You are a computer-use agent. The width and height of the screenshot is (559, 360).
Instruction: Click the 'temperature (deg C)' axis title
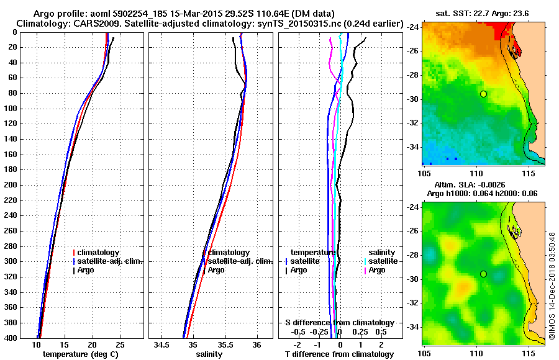80,354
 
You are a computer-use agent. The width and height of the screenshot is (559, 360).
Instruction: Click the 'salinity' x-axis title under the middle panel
209,354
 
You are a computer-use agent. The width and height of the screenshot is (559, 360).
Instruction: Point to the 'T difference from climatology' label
339,354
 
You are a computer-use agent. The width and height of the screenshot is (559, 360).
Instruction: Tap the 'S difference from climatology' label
339,323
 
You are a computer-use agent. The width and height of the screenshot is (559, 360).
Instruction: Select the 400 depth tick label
10,338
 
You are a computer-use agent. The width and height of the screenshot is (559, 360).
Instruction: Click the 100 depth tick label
10,109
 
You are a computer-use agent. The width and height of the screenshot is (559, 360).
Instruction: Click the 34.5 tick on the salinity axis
162,344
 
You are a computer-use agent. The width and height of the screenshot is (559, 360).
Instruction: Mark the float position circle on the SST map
483,94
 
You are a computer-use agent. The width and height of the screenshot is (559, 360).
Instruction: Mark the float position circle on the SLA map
483,274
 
